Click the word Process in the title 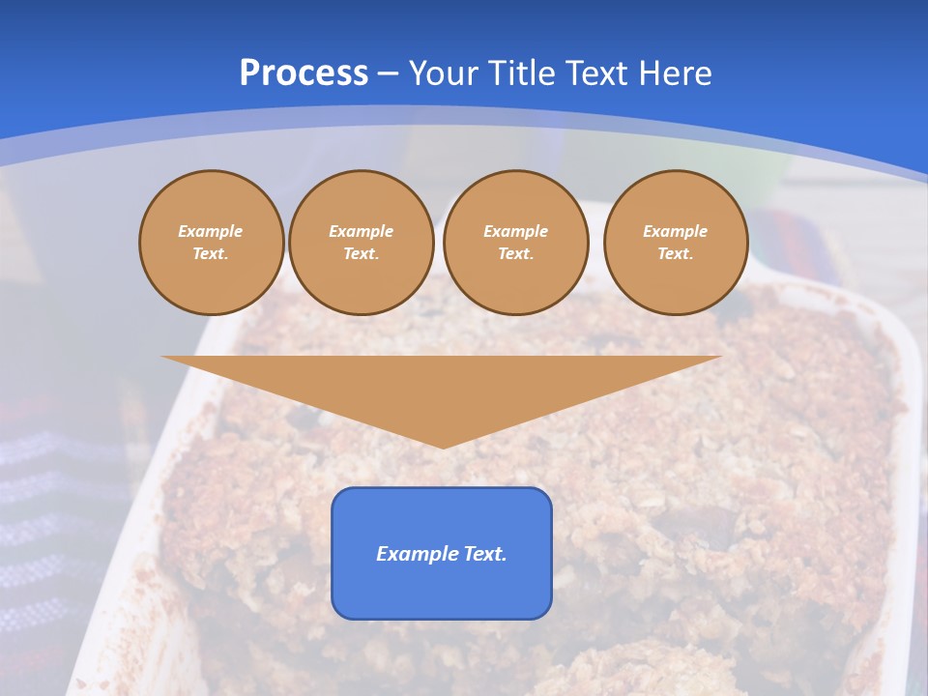pos(304,73)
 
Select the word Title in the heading pos(523,73)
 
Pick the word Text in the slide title pos(596,73)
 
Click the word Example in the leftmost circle pos(211,231)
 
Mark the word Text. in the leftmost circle pos(211,253)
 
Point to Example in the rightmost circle pos(676,231)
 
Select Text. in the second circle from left pos(361,253)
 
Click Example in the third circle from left pos(515,231)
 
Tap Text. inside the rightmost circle pos(676,253)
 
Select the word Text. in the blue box pos(484,554)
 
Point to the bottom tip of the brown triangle pos(443,447)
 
